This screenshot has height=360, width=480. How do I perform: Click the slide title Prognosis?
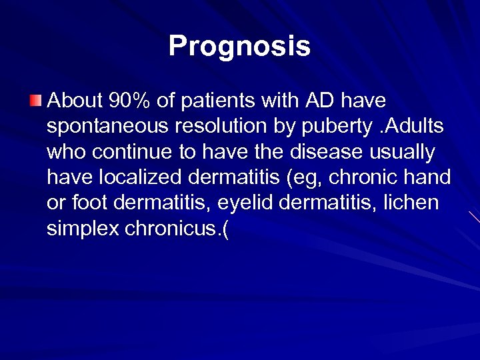click(239, 47)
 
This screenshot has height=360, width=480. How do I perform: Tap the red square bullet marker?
click(35, 101)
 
